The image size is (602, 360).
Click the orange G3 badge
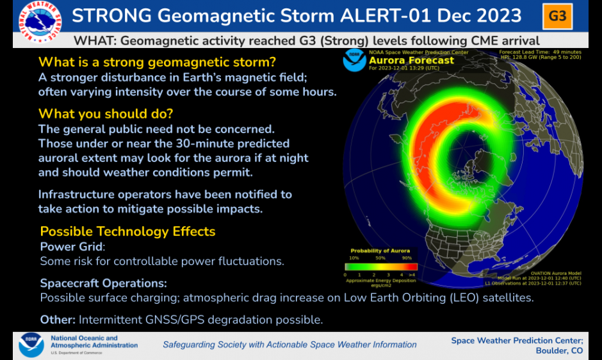point(558,16)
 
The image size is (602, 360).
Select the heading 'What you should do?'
point(106,114)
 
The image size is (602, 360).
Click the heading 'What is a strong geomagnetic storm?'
point(158,62)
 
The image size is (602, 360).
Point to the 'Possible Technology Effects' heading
point(127,231)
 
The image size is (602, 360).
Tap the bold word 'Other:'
point(58,319)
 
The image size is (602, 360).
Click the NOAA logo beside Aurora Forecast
point(354,60)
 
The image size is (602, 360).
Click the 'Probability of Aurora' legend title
point(380,250)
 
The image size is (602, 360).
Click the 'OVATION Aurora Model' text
point(557,273)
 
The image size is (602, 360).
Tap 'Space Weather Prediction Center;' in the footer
point(517,340)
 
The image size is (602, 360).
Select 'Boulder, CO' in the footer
point(559,351)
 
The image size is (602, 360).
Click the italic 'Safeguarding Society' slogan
point(289,345)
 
